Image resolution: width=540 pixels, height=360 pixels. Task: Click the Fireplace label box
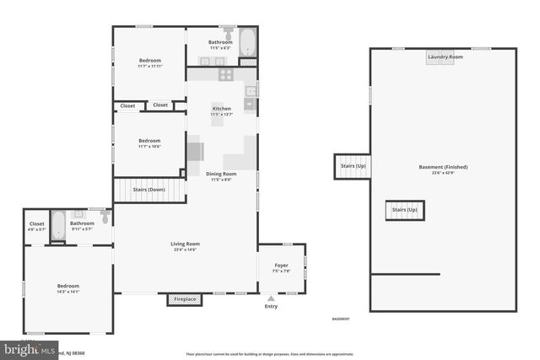(185, 299)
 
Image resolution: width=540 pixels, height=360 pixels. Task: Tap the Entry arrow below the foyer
(271, 298)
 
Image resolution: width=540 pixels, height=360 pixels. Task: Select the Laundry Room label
(445, 56)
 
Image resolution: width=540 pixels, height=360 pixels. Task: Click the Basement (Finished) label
(443, 167)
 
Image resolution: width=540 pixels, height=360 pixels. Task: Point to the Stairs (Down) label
(150, 190)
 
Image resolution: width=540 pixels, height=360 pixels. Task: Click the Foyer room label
(282, 266)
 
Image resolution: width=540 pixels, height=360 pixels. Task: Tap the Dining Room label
(221, 174)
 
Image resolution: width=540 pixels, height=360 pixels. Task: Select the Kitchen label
(221, 109)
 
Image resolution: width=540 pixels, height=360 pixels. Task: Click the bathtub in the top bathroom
(247, 42)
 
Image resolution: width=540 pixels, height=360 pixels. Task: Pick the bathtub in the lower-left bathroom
(57, 225)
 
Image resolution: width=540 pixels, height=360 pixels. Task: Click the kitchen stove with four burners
(226, 73)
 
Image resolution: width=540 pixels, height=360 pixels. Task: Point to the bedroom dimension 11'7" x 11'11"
(149, 66)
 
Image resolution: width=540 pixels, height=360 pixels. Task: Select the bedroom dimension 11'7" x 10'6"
(149, 146)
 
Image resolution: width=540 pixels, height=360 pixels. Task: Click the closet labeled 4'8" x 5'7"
(37, 228)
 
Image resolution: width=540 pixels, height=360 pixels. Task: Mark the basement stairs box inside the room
(405, 210)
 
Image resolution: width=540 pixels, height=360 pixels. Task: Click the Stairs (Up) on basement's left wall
(353, 166)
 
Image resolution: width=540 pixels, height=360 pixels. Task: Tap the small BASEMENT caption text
(341, 319)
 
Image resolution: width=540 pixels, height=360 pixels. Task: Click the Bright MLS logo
(30, 348)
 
